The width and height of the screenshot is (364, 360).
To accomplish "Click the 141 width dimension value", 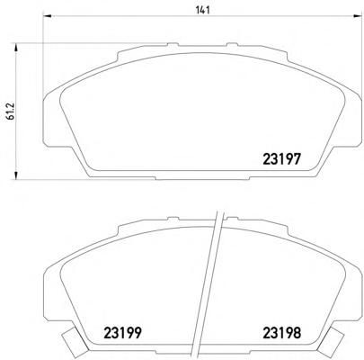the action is click(202, 10).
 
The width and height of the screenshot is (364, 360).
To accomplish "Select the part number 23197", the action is click(281, 159).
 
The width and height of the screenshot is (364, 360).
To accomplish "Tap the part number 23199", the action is click(122, 332).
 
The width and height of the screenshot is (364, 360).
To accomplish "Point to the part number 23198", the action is click(281, 332).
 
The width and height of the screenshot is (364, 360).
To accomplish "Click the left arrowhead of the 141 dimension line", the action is click(48, 16).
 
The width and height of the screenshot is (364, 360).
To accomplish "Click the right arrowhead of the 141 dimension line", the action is click(358, 16).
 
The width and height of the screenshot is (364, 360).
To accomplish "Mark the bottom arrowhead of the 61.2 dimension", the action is click(16, 175).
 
